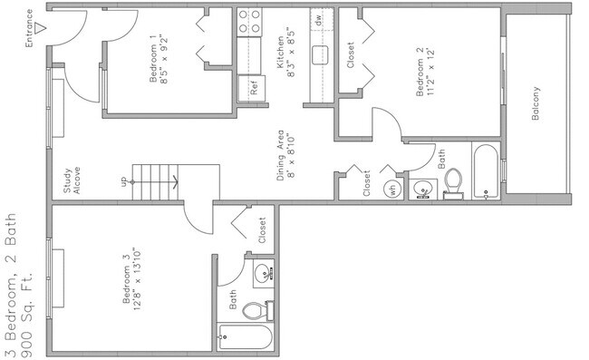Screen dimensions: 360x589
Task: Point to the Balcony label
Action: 536,105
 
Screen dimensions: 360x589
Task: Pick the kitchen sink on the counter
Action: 320,54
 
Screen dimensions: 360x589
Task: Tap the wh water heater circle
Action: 393,190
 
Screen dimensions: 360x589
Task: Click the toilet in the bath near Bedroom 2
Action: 455,183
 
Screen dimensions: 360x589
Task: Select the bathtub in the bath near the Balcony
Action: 488,172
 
